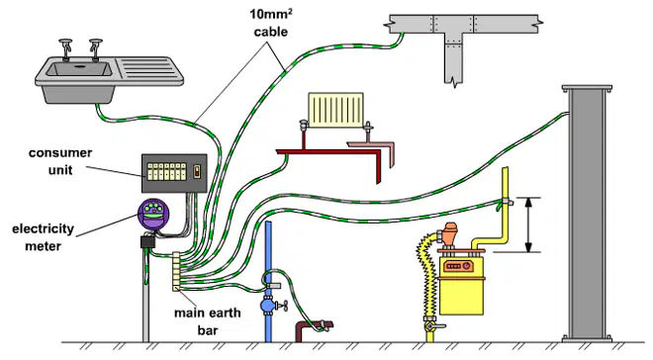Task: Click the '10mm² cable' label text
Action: [271, 23]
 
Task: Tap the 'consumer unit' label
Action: [60, 161]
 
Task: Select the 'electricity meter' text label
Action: [43, 237]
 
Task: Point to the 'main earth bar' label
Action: [208, 321]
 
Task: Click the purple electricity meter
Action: [153, 215]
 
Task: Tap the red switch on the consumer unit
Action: [198, 171]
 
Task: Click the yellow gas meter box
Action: [461, 286]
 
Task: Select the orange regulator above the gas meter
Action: [449, 235]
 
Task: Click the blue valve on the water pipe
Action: [268, 306]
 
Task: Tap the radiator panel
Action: [335, 110]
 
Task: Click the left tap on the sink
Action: [66, 49]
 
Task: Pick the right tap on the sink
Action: [96, 49]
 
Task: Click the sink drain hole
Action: [79, 65]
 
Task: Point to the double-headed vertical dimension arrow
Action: [528, 225]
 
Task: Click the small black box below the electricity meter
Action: [147, 241]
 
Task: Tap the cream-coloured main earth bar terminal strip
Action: [176, 271]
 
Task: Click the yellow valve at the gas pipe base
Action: [431, 327]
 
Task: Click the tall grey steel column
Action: [587, 214]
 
